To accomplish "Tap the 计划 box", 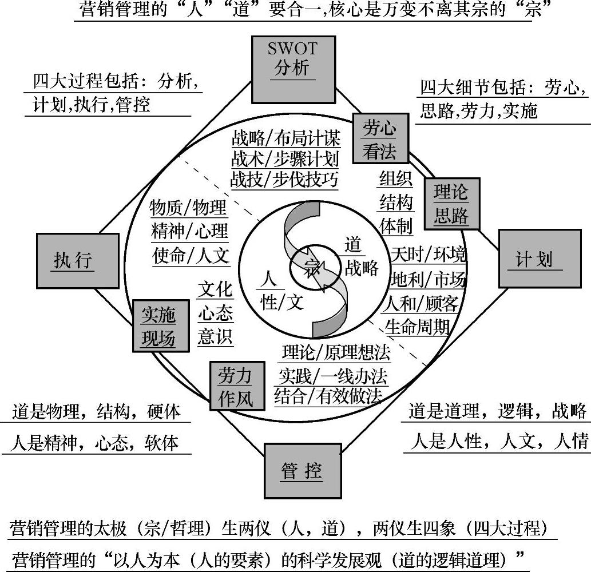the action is (535, 259).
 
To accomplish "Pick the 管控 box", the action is (302, 471).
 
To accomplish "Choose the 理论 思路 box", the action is (451, 203).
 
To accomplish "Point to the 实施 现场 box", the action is (159, 325).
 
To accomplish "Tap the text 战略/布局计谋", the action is (286, 138).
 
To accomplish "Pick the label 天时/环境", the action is (428, 253).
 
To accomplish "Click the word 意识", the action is (215, 337).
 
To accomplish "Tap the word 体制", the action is (395, 226).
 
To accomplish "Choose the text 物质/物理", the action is (188, 208).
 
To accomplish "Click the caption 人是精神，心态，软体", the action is (96, 443).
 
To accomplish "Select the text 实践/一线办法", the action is (332, 375).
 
